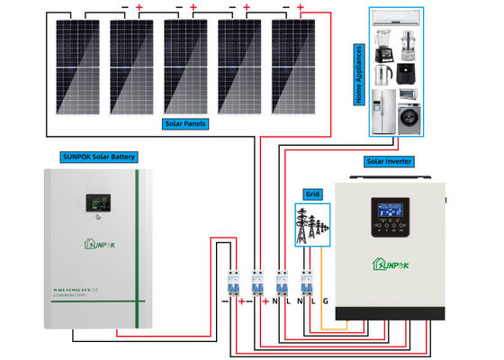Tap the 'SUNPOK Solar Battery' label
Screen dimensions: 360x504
[98, 157]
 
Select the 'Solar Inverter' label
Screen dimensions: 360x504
[388, 161]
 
